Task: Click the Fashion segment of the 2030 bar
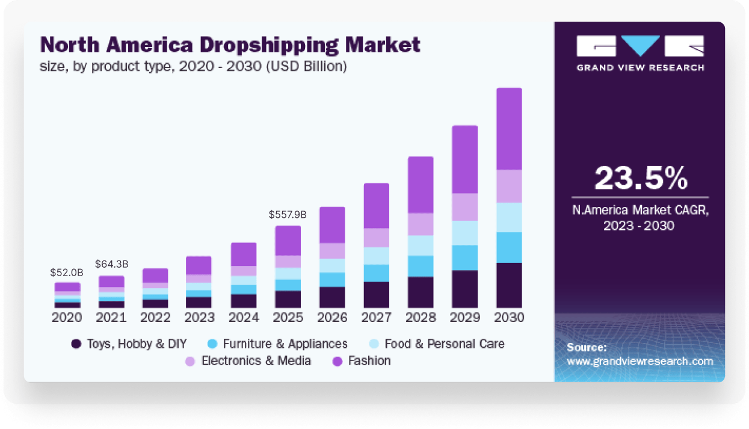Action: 509,129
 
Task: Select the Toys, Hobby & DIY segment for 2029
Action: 464,289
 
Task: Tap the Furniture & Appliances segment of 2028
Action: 421,266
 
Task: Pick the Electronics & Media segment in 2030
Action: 509,187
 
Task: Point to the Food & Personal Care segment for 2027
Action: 377,256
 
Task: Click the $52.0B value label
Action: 67,273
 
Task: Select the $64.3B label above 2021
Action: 111,264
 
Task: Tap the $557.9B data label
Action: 288,214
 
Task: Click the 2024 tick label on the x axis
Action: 244,317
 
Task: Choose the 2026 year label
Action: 332,317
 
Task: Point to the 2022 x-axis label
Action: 155,317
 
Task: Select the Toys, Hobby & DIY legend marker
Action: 76,344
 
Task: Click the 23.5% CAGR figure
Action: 640,178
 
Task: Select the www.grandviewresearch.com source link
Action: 640,361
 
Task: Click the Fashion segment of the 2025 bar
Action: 288,240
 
